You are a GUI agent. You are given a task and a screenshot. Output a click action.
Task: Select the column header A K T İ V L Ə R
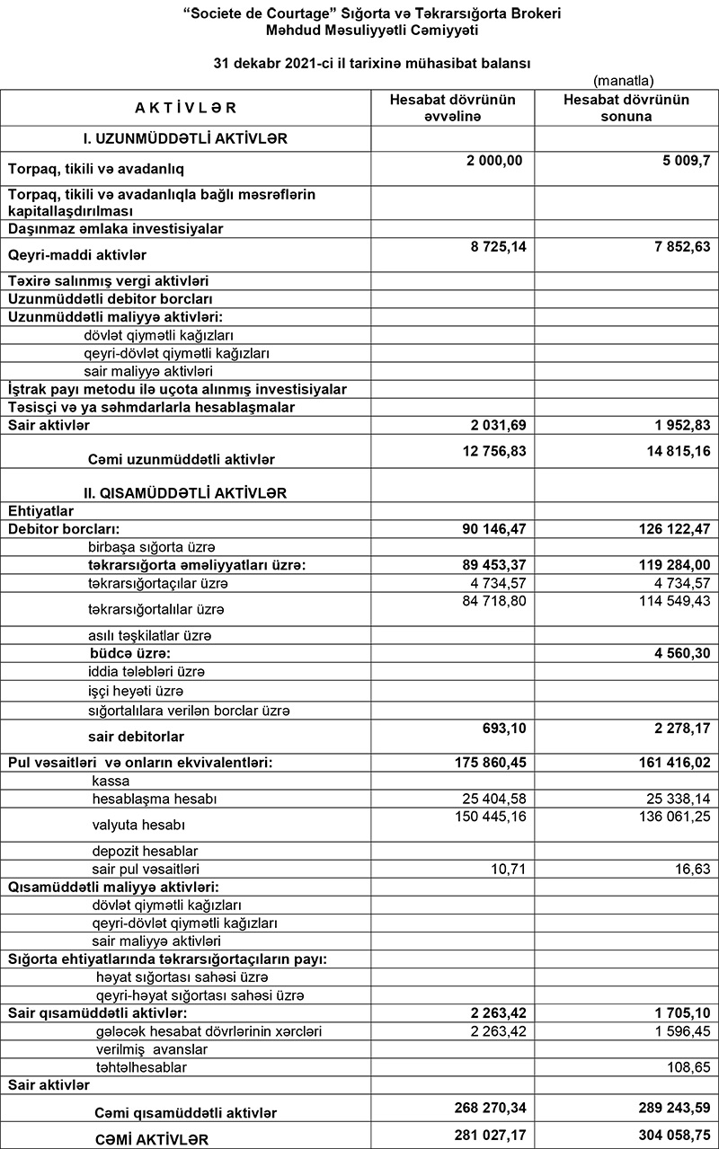coord(185,108)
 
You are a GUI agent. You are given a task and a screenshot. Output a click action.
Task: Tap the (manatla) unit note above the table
coord(623,79)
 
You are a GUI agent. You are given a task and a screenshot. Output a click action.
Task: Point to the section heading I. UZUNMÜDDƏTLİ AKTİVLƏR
coord(185,138)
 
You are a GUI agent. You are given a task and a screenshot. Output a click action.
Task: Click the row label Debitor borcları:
coord(64,528)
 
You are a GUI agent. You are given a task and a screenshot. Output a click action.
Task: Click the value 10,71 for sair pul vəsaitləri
coord(509,869)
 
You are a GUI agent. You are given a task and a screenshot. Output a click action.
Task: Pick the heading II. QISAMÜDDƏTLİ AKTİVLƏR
coord(186,492)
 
